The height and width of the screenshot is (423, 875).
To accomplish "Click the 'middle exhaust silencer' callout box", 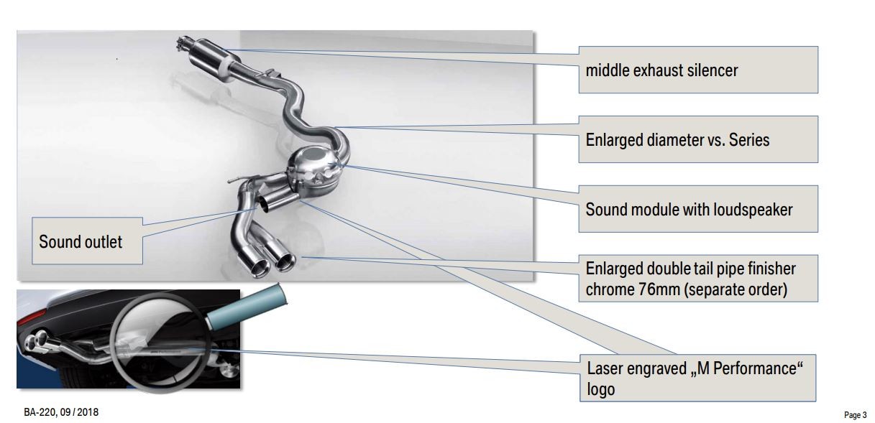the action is click(698, 70).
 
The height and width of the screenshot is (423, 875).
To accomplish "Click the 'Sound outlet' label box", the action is click(87, 241).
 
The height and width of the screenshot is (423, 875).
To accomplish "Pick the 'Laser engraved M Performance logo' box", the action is click(697, 378).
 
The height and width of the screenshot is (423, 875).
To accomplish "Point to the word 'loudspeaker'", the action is click(753, 210).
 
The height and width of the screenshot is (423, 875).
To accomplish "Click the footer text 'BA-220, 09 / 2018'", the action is click(61, 412).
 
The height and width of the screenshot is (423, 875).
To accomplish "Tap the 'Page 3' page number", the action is click(855, 415).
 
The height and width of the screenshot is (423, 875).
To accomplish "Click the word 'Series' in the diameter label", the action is click(749, 140).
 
